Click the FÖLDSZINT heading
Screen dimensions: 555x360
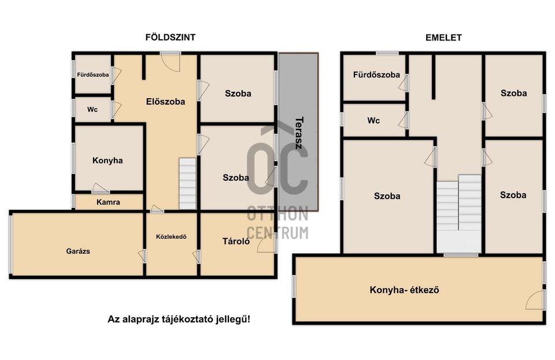pos(170,37)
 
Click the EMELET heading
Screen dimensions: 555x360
pos(443,38)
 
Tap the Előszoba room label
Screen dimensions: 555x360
pos(165,102)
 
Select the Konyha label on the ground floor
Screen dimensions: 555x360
pos(108,161)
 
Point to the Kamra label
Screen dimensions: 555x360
pos(108,202)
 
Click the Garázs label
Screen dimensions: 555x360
pos(78,251)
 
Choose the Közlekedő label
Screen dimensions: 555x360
pos(171,236)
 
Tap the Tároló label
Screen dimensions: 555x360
pos(236,242)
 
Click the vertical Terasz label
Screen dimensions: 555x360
pos(299,132)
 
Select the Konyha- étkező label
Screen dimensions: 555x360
pos(404,290)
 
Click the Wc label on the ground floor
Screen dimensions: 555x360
pos(92,110)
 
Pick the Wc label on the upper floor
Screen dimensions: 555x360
pos(373,121)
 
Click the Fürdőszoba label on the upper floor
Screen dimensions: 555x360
pos(376,75)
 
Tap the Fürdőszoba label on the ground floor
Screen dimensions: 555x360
pos(92,75)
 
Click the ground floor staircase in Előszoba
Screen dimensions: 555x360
pos(187,183)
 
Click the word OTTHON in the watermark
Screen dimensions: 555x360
pos(277,214)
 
